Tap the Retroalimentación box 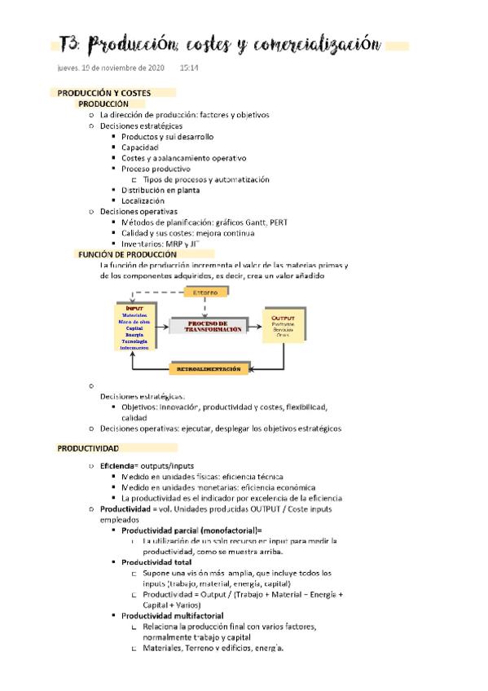209,369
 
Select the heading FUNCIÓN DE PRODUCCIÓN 127,254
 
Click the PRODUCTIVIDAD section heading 88,449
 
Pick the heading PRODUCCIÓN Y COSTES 104,94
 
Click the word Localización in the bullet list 143,200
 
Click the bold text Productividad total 156,562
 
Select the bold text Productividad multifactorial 172,616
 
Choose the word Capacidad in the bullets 140,147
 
